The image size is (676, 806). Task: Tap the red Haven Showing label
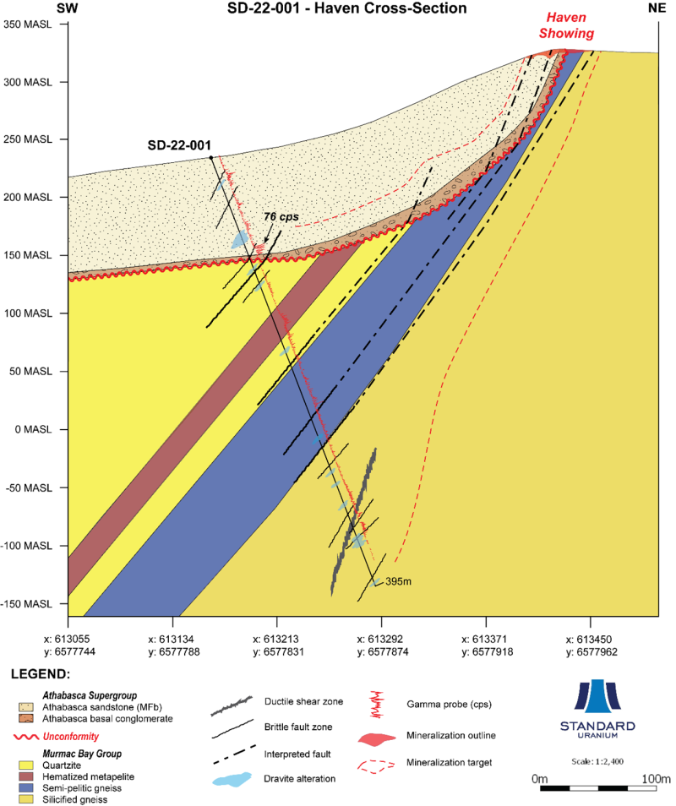pos(566,25)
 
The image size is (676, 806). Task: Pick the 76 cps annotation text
pos(281,216)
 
